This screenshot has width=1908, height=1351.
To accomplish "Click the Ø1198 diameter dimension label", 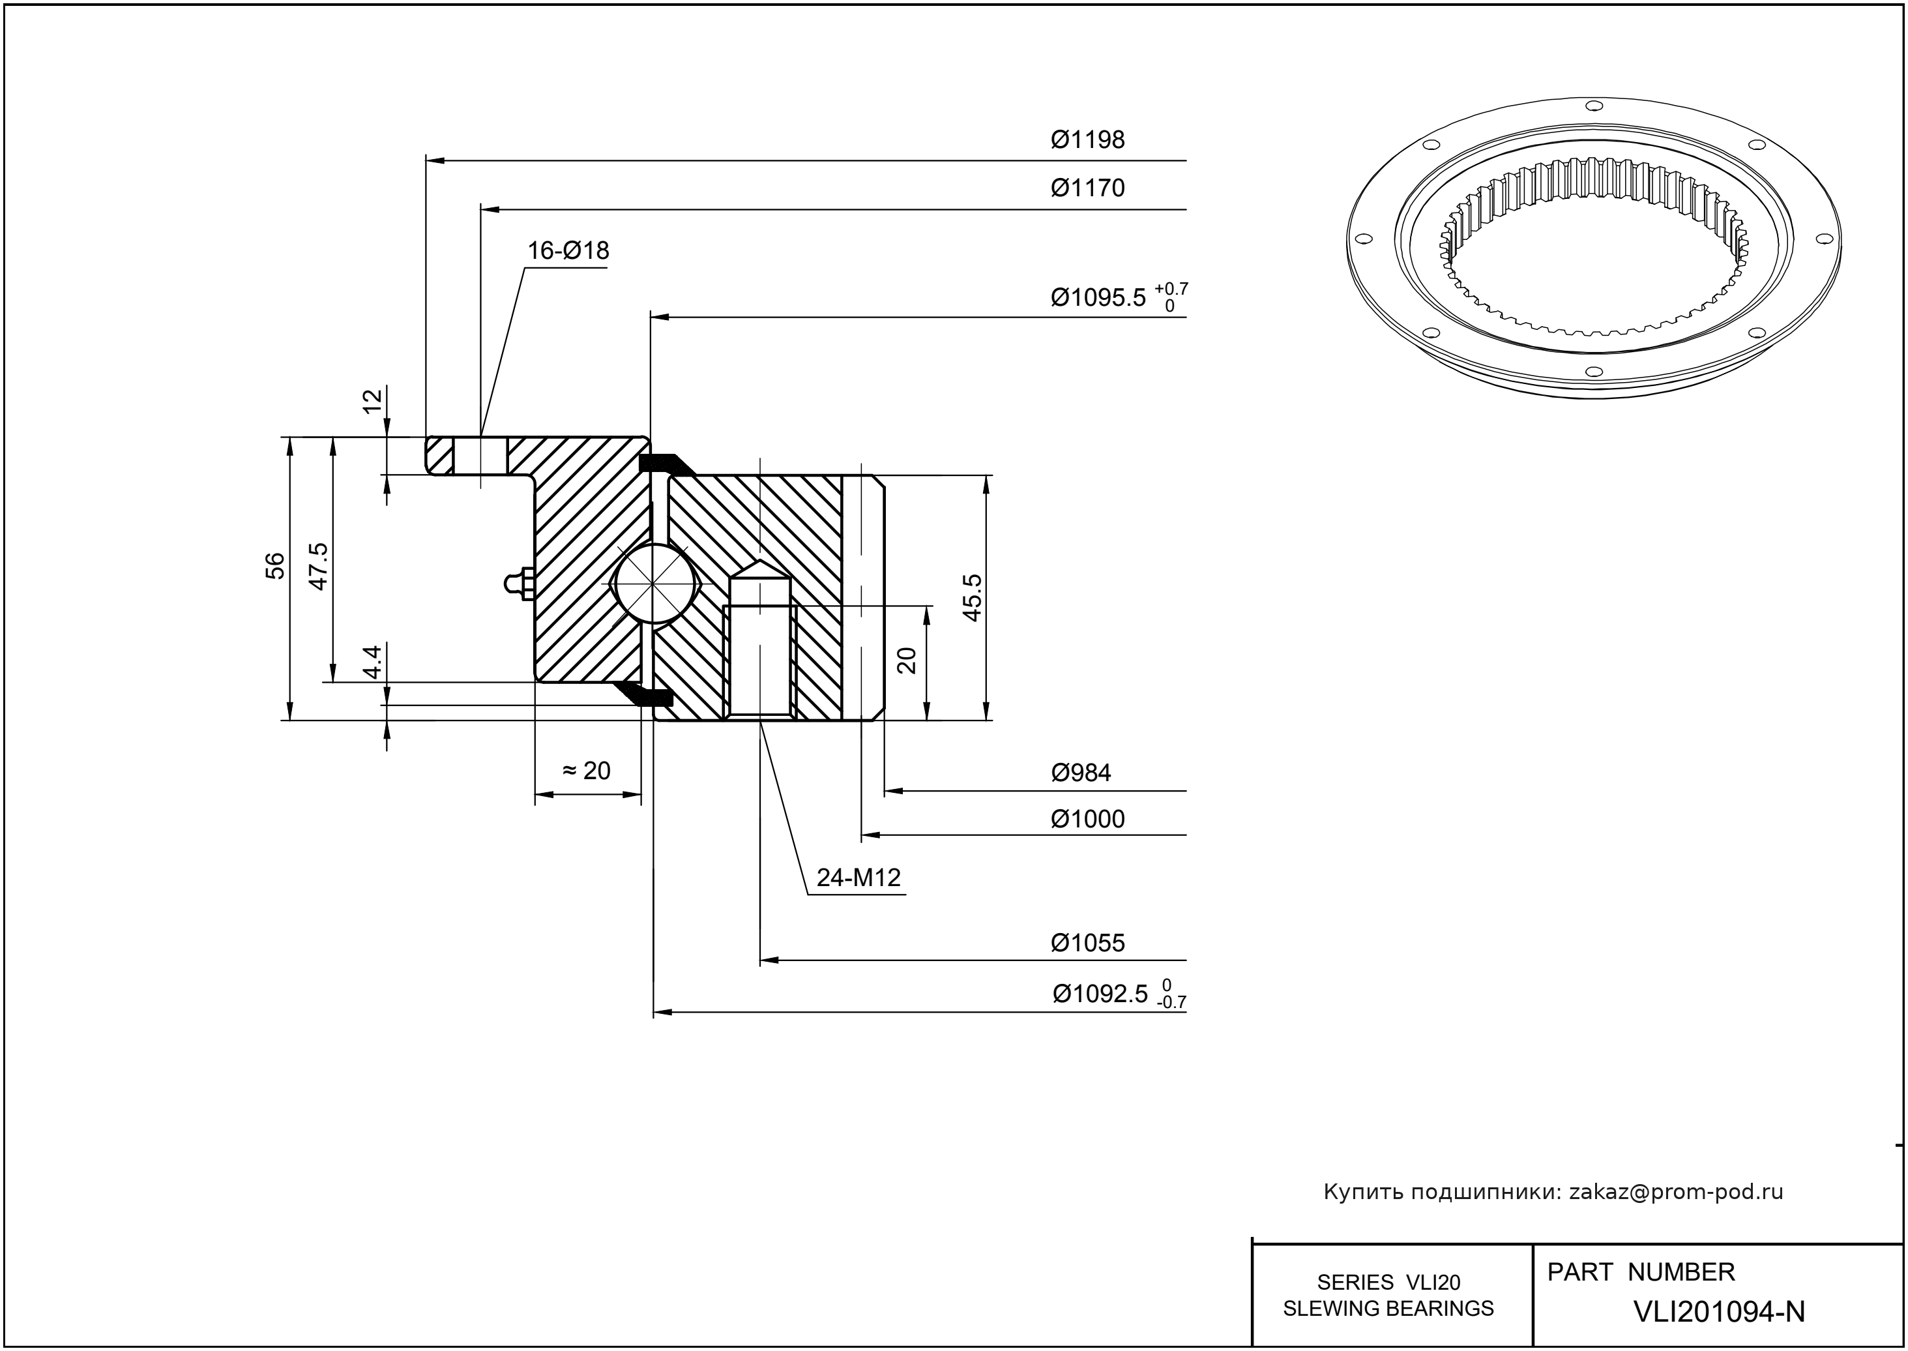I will (x=1087, y=140).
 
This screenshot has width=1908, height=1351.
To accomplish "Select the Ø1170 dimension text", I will (x=1087, y=188).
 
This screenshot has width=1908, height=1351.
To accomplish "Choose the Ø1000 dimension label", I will (x=1087, y=820).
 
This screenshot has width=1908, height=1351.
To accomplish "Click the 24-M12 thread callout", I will (x=859, y=878).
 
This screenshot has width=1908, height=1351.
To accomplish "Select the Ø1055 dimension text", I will (x=1087, y=943).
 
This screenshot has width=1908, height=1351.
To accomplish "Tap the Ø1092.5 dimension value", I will (x=1100, y=994).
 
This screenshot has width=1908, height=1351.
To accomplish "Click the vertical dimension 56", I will (x=276, y=566).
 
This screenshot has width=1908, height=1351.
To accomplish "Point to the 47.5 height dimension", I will (x=319, y=566).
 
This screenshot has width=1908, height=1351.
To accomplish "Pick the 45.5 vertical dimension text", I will (x=973, y=597).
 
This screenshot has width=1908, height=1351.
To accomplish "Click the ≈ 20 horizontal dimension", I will (x=587, y=771).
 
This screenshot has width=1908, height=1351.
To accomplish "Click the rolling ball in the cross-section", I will (x=654, y=582).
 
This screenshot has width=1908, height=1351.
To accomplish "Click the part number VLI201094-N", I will (x=1719, y=1311).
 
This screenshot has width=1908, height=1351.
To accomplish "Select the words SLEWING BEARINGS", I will (x=1388, y=1308).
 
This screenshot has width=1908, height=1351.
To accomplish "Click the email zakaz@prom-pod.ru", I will (x=1675, y=1192).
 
